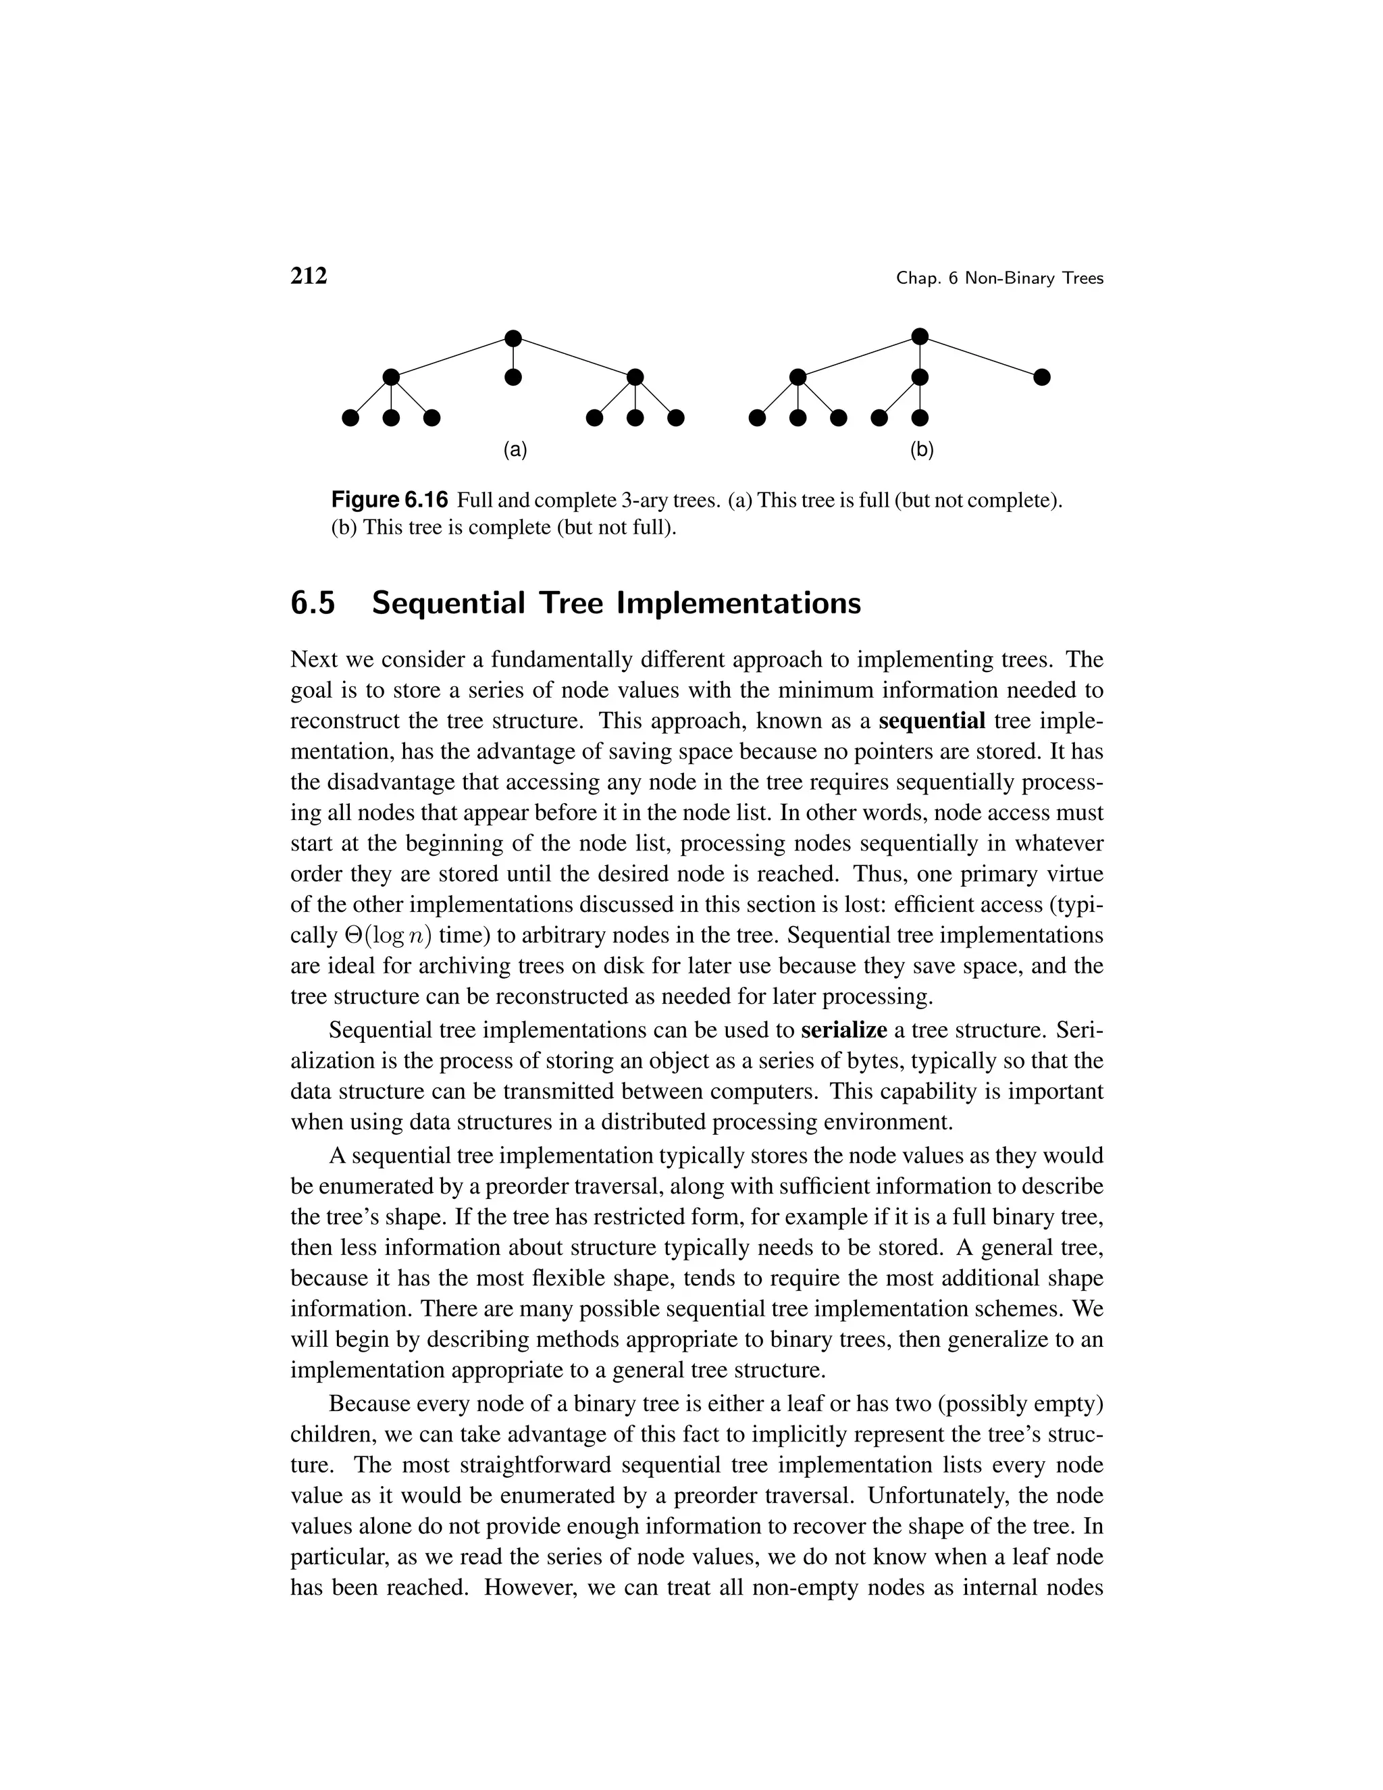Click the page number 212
coord(309,276)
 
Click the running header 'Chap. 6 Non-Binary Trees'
coord(999,279)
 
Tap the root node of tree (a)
coord(513,338)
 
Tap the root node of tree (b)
coord(920,336)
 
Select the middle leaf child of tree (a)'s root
coord(513,377)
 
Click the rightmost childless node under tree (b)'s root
coord(1041,377)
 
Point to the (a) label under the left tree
coord(515,449)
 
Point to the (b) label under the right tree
coord(922,449)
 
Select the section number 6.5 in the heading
coord(313,603)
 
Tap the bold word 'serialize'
coord(844,1029)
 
